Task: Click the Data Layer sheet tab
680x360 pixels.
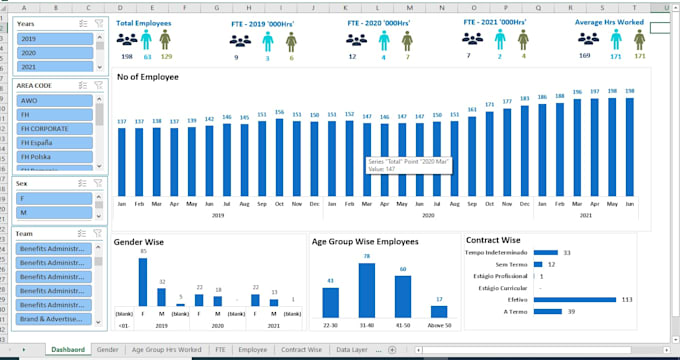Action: point(351,350)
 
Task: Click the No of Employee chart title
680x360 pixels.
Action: point(148,77)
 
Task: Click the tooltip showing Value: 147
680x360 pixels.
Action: point(408,165)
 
